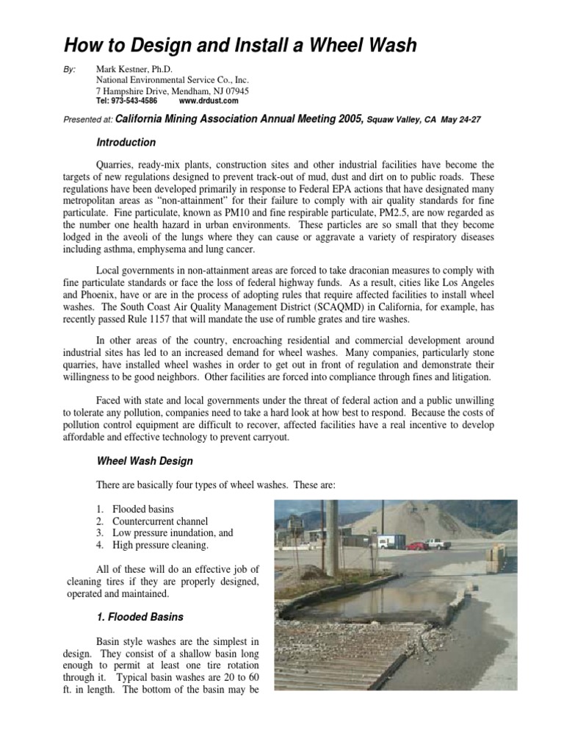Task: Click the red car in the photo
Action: [x=416, y=546]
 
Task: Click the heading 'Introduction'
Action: [x=126, y=142]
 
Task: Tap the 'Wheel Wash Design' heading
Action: [x=145, y=462]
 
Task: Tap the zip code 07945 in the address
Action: [x=235, y=90]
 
